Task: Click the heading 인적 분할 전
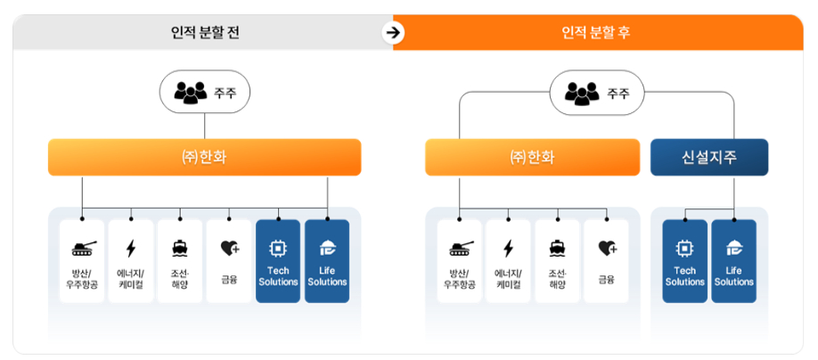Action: tap(205, 34)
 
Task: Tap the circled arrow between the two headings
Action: tap(393, 33)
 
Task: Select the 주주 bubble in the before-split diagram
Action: tap(205, 92)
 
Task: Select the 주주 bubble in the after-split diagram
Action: tap(597, 92)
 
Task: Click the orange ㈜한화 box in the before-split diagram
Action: tap(205, 158)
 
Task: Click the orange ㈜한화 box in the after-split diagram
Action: tap(532, 158)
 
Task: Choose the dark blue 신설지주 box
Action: tap(709, 158)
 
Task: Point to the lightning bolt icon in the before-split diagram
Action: tap(131, 248)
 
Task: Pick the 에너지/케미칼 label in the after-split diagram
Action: tap(509, 279)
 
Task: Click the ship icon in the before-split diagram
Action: tap(180, 248)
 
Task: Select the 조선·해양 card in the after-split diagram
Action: tap(558, 261)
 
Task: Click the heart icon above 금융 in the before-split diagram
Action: tap(229, 248)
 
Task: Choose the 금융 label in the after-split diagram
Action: tap(607, 279)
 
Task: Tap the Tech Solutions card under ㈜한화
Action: tap(278, 261)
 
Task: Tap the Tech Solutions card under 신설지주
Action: tap(684, 261)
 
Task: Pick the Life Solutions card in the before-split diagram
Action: tap(327, 261)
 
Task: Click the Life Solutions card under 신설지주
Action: tap(733, 261)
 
